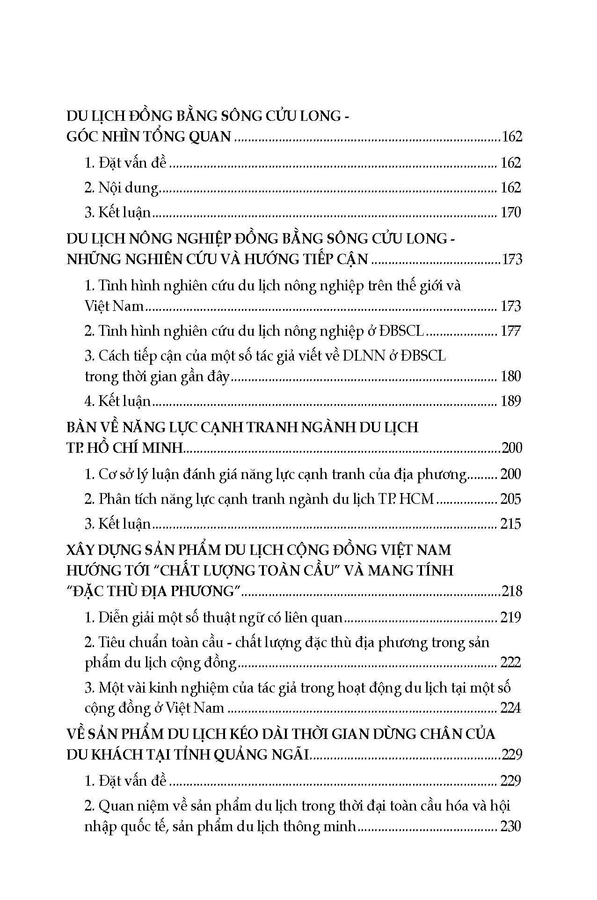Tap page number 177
point(510,331)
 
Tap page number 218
point(511,591)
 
